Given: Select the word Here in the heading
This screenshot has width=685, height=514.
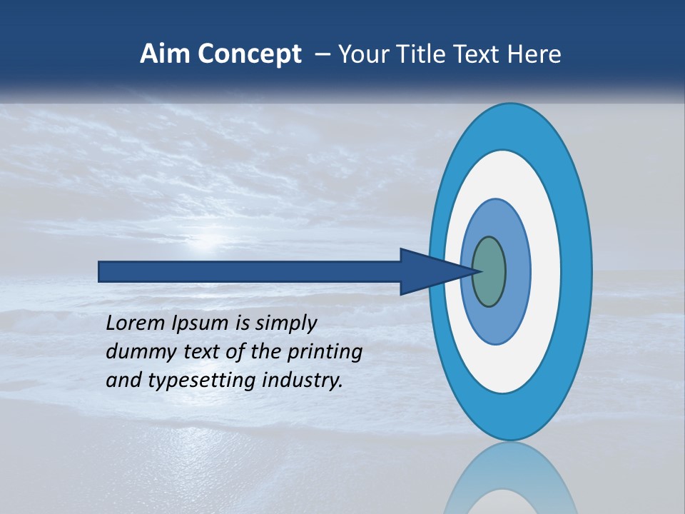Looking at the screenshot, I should tap(537, 54).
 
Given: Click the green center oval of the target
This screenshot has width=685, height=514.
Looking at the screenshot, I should tap(489, 272).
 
